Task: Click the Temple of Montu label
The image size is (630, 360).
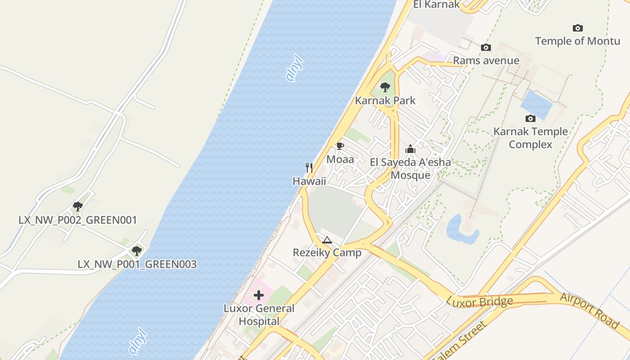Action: tap(577, 41)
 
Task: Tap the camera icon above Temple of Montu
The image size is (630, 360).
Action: tap(578, 28)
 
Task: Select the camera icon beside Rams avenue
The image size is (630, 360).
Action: tap(486, 47)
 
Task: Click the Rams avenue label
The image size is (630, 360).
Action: tap(486, 60)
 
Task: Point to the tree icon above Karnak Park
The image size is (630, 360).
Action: tap(385, 87)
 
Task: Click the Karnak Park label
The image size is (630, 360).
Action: tap(385, 100)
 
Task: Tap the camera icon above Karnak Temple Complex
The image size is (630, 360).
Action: tap(531, 118)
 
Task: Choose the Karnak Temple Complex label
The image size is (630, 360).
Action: tap(531, 138)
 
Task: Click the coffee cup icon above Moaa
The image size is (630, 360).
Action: tap(340, 146)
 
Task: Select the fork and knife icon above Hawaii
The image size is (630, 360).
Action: tap(309, 168)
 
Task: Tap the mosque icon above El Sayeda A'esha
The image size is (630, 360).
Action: tap(410, 149)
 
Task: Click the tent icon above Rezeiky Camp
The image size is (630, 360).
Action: tap(327, 240)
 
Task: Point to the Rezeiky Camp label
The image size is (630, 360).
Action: tap(327, 252)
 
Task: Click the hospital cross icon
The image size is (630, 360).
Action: tap(259, 295)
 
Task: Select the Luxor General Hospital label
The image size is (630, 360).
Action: tap(259, 315)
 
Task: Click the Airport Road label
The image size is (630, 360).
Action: tap(589, 310)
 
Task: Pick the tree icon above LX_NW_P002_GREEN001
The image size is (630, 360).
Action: tap(78, 207)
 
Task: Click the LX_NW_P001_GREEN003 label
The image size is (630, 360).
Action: tap(137, 264)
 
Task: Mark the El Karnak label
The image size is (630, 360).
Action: tap(436, 4)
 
